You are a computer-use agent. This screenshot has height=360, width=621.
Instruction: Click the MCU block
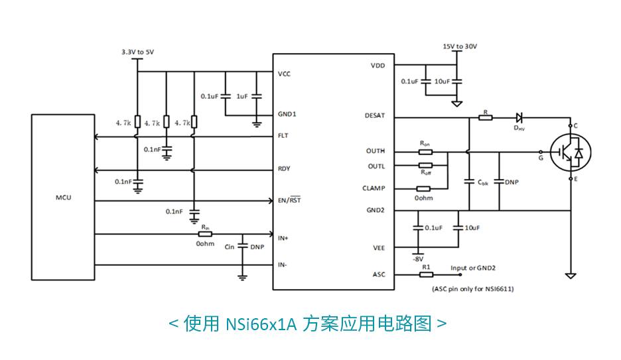point(63,197)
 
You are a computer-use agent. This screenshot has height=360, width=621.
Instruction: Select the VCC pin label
point(284,74)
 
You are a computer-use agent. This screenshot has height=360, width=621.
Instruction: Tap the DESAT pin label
point(374,115)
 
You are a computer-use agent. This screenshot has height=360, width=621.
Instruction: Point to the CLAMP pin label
point(374,188)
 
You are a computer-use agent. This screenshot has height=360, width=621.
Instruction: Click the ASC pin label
point(378,274)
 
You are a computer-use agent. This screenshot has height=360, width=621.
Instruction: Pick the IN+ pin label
point(283,237)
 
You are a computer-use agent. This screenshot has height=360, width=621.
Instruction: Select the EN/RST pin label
point(289,200)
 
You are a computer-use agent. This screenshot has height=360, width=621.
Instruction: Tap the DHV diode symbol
point(519,117)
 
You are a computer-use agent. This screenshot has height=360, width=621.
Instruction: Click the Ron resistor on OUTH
point(425,151)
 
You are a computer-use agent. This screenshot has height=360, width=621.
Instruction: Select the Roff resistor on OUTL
point(425,164)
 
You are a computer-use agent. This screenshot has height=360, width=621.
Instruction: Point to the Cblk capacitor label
point(482,182)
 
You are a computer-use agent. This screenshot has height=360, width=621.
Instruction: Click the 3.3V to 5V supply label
point(138,51)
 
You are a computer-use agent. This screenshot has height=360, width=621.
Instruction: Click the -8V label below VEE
point(419,259)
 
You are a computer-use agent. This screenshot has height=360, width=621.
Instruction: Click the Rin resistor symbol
point(205,233)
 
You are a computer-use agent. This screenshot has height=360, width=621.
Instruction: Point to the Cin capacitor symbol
point(243,246)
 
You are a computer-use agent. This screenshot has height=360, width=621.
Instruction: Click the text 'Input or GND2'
point(473,268)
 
